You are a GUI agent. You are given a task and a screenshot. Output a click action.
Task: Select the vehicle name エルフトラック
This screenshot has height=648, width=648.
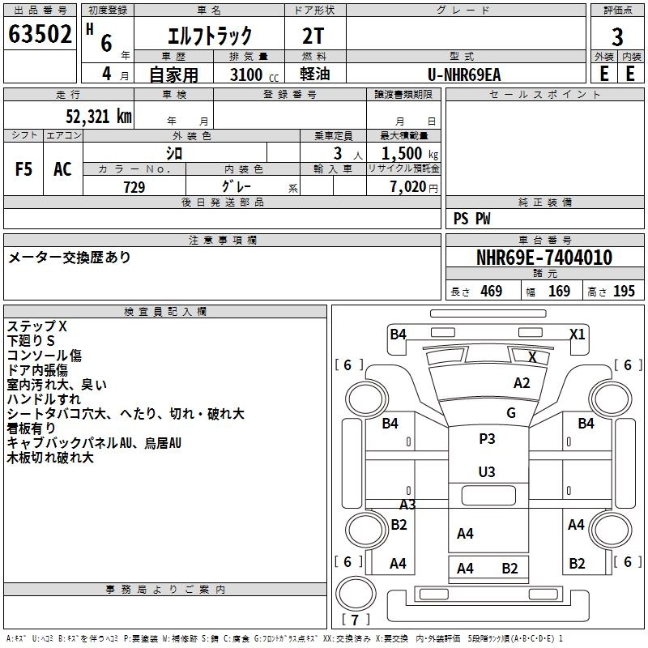click(209, 36)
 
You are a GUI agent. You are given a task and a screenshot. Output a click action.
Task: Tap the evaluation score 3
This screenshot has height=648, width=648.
click(617, 37)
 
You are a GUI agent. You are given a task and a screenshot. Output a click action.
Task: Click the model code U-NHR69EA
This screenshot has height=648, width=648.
click(465, 75)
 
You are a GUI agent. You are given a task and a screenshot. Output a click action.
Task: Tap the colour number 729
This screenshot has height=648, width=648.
click(134, 187)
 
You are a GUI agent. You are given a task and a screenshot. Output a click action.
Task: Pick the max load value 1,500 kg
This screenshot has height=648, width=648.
click(407, 153)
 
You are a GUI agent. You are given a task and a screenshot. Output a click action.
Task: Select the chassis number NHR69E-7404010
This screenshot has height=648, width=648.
click(544, 258)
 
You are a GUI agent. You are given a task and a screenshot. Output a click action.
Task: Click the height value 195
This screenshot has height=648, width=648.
click(624, 292)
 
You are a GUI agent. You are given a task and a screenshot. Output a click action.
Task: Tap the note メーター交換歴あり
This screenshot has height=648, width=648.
click(70, 258)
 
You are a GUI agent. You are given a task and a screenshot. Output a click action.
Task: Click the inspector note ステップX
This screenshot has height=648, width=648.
click(37, 326)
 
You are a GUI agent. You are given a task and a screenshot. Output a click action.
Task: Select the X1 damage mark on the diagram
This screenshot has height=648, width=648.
click(577, 334)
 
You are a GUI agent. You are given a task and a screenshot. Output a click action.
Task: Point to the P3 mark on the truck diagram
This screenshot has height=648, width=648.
click(487, 439)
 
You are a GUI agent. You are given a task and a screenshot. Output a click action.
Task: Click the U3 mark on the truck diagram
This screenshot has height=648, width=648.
click(487, 471)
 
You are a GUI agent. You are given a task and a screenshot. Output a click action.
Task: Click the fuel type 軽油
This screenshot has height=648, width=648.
click(313, 75)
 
